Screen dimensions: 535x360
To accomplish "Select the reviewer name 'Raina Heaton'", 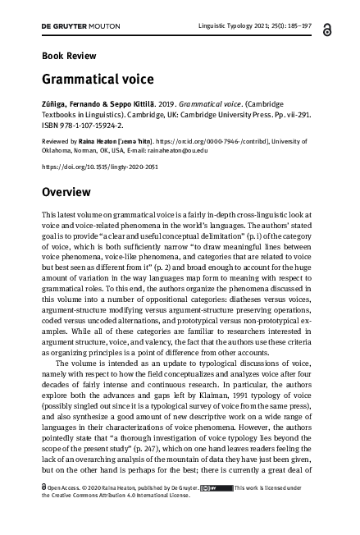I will tap(98, 141).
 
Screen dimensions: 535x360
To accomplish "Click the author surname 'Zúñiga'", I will tap(54, 106).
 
